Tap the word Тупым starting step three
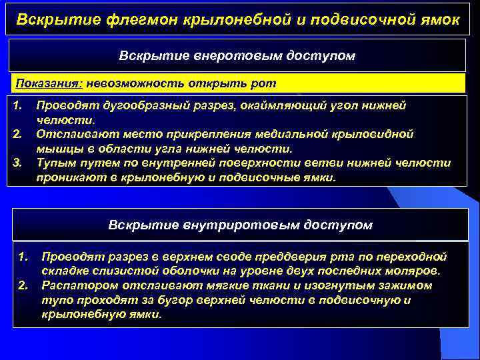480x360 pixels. coord(55,163)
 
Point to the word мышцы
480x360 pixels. coord(55,149)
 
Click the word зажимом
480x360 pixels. coord(407,285)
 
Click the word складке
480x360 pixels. coord(64,271)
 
